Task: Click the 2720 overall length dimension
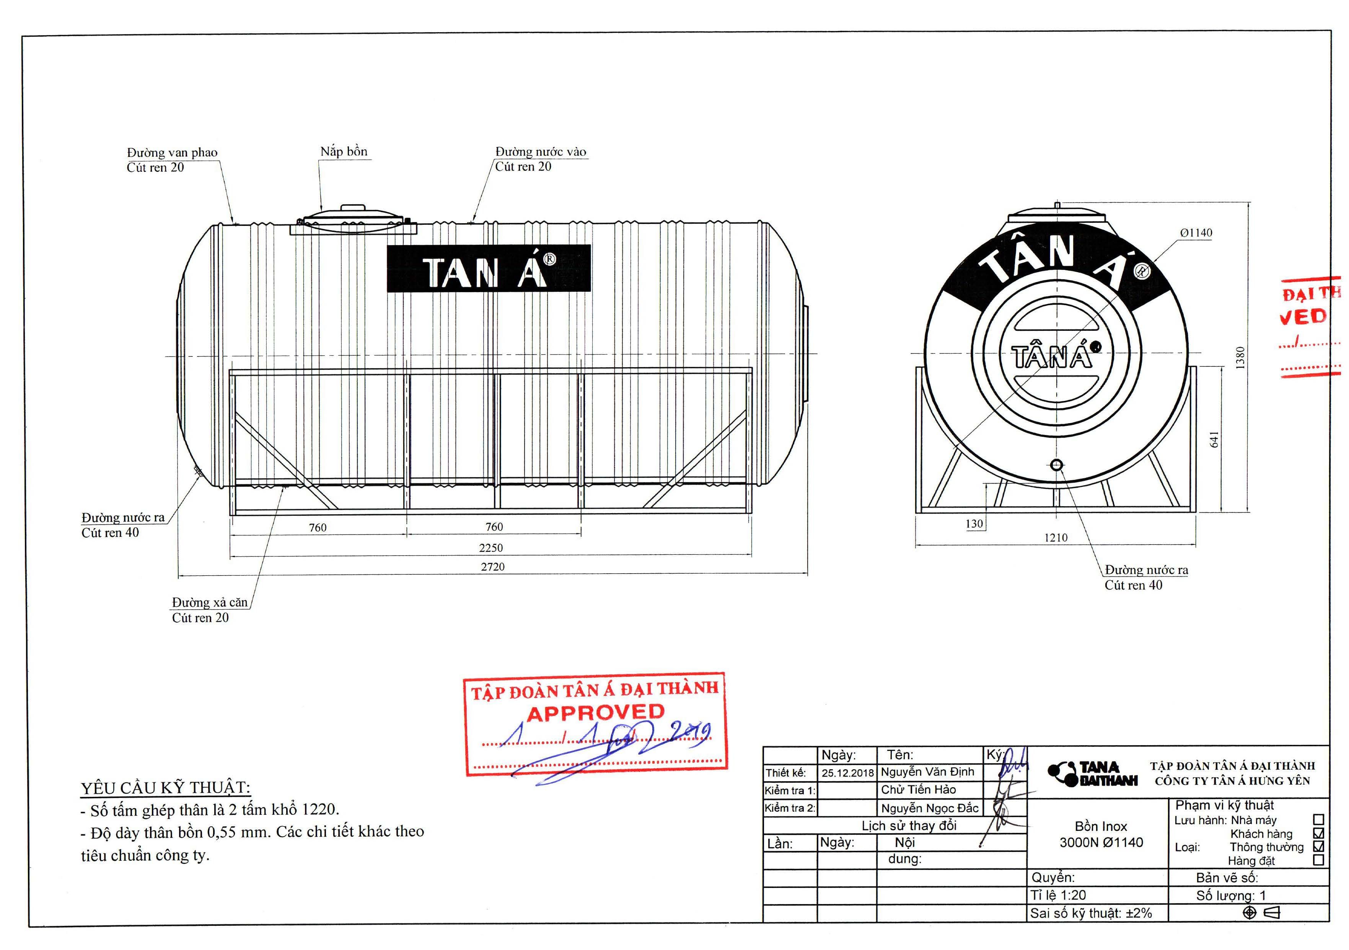click(x=492, y=567)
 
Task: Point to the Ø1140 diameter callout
click(x=1196, y=233)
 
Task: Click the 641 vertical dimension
click(x=1214, y=439)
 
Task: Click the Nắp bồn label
click(x=344, y=152)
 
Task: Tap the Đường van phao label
click(x=172, y=153)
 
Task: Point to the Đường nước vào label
click(x=541, y=152)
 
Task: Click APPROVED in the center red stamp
click(x=595, y=713)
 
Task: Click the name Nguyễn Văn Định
click(x=927, y=772)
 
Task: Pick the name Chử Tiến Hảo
click(x=918, y=790)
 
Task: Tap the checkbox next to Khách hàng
click(x=1318, y=833)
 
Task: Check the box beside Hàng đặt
click(x=1318, y=860)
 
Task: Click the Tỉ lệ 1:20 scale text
click(x=1057, y=895)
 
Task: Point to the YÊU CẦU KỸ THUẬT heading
click(x=166, y=788)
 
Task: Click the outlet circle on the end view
click(x=1056, y=465)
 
